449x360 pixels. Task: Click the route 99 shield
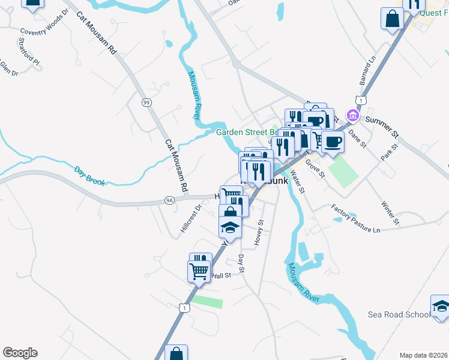point(146,103)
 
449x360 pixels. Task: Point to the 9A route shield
point(169,200)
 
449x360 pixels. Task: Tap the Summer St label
point(382,124)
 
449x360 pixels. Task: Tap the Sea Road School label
point(399,314)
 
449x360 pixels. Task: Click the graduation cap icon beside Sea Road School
point(441,308)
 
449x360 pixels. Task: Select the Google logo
point(20,353)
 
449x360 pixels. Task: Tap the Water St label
point(298,181)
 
